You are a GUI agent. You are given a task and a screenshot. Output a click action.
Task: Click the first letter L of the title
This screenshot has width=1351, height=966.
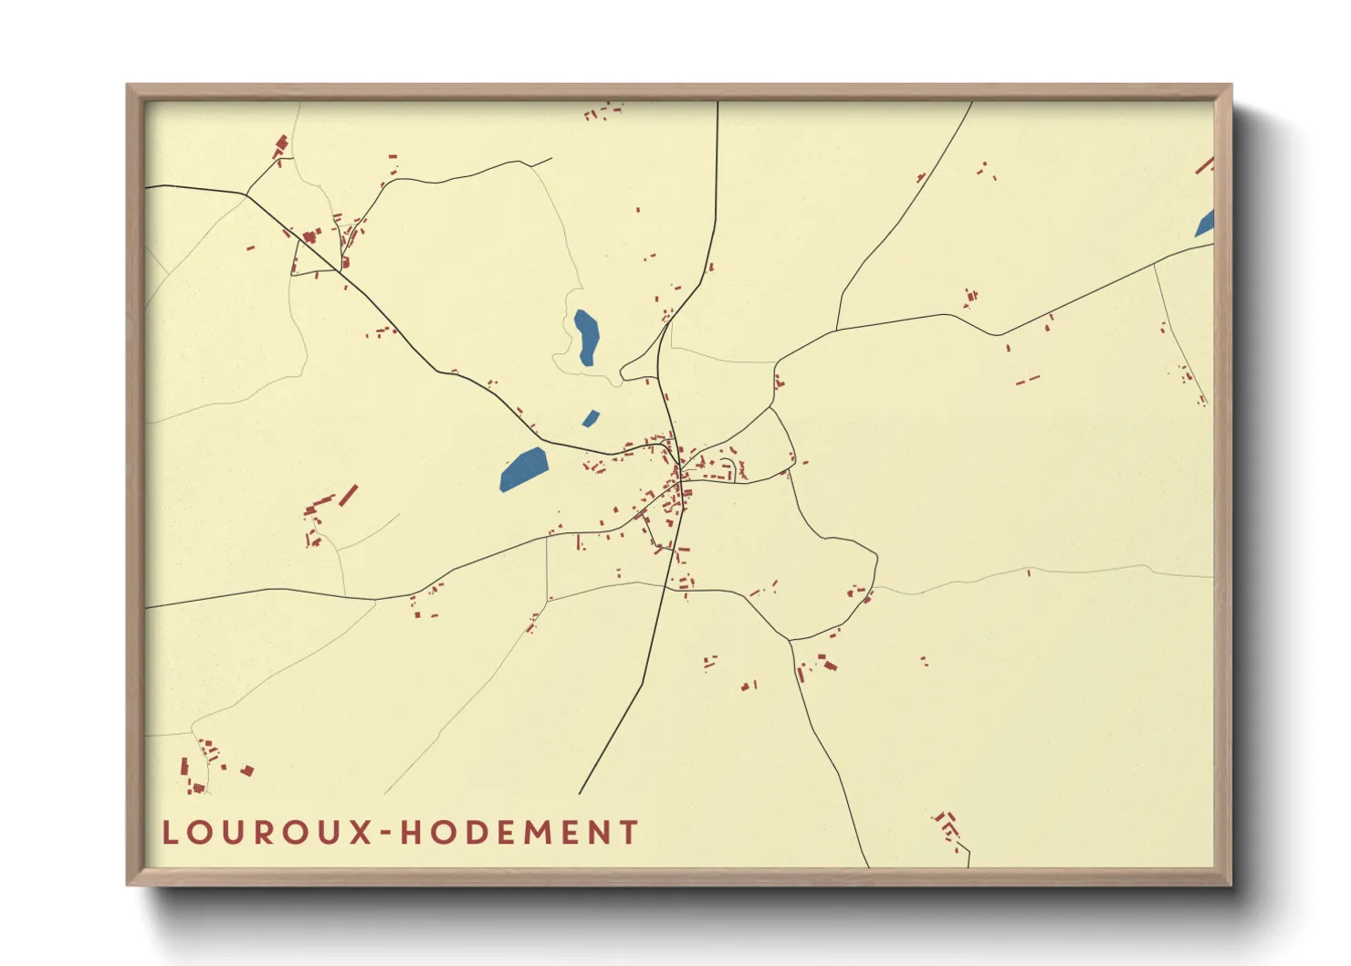[x=171, y=833]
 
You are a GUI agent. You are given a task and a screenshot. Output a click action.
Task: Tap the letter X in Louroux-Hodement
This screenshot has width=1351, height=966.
[x=361, y=833]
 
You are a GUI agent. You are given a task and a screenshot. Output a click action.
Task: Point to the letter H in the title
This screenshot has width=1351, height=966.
[x=413, y=833]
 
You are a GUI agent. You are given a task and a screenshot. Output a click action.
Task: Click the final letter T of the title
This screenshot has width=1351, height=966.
[x=628, y=833]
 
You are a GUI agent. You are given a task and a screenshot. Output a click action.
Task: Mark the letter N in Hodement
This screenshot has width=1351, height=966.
[x=597, y=833]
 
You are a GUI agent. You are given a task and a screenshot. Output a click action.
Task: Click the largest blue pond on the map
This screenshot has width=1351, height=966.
[x=523, y=469]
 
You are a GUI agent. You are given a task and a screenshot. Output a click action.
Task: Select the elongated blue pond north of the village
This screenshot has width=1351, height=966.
[x=586, y=337]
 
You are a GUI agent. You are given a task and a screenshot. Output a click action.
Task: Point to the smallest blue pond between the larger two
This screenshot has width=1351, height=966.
[x=591, y=419]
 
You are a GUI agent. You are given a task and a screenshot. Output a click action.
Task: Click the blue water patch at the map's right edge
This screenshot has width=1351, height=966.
[x=1206, y=224]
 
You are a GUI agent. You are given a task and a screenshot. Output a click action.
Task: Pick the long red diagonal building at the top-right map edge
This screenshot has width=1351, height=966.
[x=1204, y=166]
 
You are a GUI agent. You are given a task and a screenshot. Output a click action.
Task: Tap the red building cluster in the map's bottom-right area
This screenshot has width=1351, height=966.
[x=948, y=826]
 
